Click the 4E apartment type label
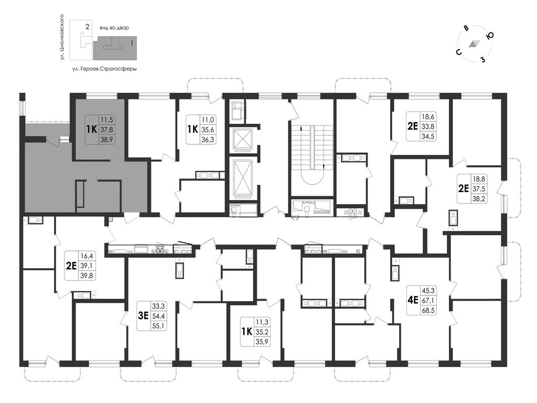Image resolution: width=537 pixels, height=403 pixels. pyautogui.click(x=413, y=300)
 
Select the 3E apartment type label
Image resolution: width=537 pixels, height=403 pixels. pyautogui.click(x=143, y=315)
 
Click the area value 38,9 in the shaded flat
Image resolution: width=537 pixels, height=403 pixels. pyautogui.click(x=106, y=140)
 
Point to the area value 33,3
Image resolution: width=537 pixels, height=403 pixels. pyautogui.click(x=158, y=306)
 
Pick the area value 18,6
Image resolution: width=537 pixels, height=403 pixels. pyautogui.click(x=428, y=116)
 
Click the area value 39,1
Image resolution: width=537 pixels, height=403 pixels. pyautogui.click(x=87, y=266)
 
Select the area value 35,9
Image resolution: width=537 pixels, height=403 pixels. pyautogui.click(x=262, y=341)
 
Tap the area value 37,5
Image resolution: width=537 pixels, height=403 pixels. pyautogui.click(x=479, y=188)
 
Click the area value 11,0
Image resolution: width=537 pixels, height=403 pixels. pyautogui.click(x=208, y=120)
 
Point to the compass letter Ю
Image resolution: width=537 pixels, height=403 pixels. pyautogui.click(x=490, y=36)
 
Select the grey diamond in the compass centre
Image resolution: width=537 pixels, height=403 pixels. pyautogui.click(x=474, y=44)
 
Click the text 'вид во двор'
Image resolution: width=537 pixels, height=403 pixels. pyautogui.click(x=114, y=28)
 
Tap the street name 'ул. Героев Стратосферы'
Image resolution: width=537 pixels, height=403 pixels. pyautogui.click(x=104, y=69)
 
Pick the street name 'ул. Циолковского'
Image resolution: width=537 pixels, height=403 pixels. pyautogui.click(x=62, y=37)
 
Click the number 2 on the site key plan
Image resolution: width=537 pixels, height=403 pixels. pyautogui.click(x=88, y=27)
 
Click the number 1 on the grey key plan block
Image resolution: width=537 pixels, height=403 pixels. pyautogui.click(x=132, y=44)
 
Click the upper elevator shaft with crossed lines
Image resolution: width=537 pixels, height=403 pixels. pyautogui.click(x=242, y=139)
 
